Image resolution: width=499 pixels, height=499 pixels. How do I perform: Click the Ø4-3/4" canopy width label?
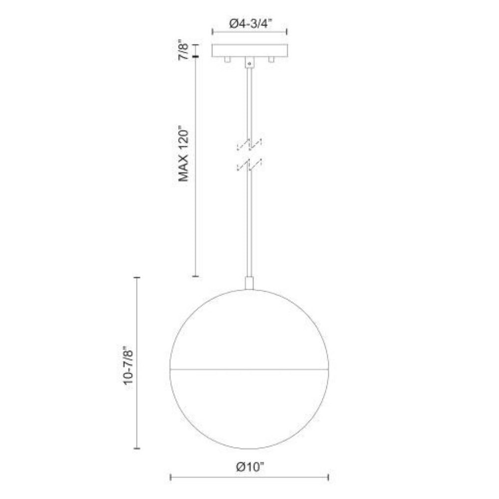coord(250,23)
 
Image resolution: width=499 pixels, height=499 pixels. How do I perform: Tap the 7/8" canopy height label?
coord(184,50)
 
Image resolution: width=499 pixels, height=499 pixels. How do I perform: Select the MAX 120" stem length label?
coord(184,155)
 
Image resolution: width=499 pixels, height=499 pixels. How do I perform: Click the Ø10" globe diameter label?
coord(250,467)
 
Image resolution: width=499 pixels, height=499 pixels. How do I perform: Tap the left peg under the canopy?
coord(227,59)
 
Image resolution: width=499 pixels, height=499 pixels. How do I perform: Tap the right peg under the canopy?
coord(271,59)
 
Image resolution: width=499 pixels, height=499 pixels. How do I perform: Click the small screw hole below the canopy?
coord(250,64)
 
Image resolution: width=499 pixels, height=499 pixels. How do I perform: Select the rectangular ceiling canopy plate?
coord(250,50)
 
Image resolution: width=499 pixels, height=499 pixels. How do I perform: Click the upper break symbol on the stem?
coord(249,144)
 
